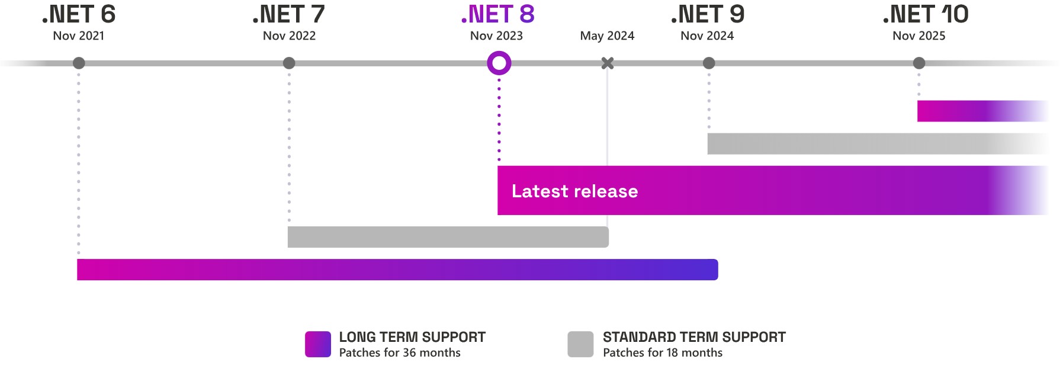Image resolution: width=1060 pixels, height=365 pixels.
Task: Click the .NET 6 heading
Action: (79, 14)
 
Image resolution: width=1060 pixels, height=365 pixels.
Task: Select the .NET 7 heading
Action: (289, 14)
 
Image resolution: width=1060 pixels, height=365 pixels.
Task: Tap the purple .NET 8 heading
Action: (497, 14)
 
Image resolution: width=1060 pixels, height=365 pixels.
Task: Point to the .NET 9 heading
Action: (708, 14)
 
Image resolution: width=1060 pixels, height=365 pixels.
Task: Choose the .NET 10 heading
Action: (926, 14)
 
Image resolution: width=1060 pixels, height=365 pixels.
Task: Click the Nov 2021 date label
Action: (79, 36)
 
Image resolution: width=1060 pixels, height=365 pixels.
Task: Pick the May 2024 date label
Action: (607, 36)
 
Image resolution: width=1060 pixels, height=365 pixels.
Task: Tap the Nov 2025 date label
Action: (918, 36)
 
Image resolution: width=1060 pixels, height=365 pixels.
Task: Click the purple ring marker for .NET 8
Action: (499, 63)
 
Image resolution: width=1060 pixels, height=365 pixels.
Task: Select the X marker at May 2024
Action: (608, 63)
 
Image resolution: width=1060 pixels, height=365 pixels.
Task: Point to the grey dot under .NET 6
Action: (79, 63)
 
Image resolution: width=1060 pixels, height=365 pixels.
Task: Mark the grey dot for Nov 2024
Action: (709, 63)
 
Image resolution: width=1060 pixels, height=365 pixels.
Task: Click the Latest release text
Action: (574, 191)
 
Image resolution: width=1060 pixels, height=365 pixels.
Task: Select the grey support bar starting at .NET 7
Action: (448, 237)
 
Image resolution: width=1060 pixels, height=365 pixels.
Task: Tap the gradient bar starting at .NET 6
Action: (397, 270)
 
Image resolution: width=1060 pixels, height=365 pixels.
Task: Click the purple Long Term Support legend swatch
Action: (318, 344)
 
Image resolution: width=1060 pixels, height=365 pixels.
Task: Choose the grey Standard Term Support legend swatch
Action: (580, 344)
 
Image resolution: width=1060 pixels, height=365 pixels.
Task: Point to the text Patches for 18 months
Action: (663, 353)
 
